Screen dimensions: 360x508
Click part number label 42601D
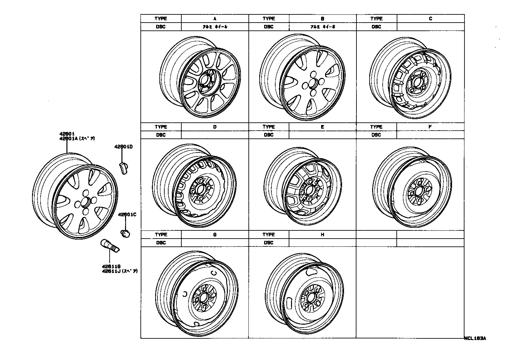[x=123, y=147]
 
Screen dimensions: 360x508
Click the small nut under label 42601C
[x=125, y=233]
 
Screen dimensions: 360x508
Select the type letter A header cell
[x=215, y=19]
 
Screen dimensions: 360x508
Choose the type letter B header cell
[x=322, y=19]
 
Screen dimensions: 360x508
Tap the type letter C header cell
[x=430, y=19]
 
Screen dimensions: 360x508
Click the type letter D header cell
[x=215, y=127]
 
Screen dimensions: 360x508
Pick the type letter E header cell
[x=322, y=127]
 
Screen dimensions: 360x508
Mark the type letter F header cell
[x=430, y=127]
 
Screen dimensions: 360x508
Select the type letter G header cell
[x=215, y=235]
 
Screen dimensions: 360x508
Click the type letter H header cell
[x=322, y=235]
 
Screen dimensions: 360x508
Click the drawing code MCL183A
[x=475, y=339]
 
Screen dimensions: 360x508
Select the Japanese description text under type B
[x=322, y=27]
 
